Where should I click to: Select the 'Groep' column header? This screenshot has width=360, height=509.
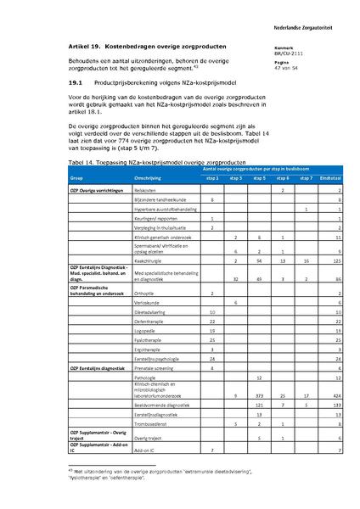tap(76, 179)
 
